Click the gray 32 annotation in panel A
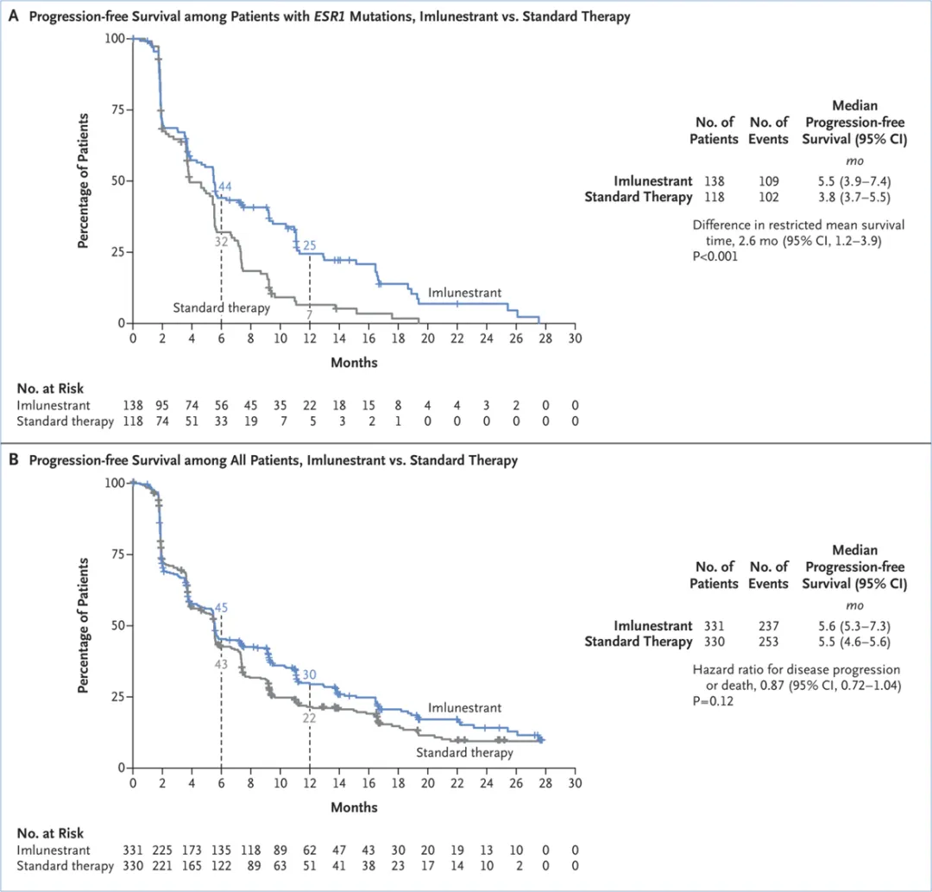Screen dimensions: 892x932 tap(221, 242)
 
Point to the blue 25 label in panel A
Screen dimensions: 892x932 tap(310, 246)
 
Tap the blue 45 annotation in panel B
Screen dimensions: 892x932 tap(221, 608)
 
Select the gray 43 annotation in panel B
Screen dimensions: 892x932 tap(221, 664)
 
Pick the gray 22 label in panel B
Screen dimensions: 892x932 tap(310, 716)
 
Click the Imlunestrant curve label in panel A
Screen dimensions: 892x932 tap(465, 293)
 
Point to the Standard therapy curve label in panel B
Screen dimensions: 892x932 tap(464, 752)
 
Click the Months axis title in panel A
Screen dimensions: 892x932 tap(354, 363)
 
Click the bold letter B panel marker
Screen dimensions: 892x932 tap(13, 460)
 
